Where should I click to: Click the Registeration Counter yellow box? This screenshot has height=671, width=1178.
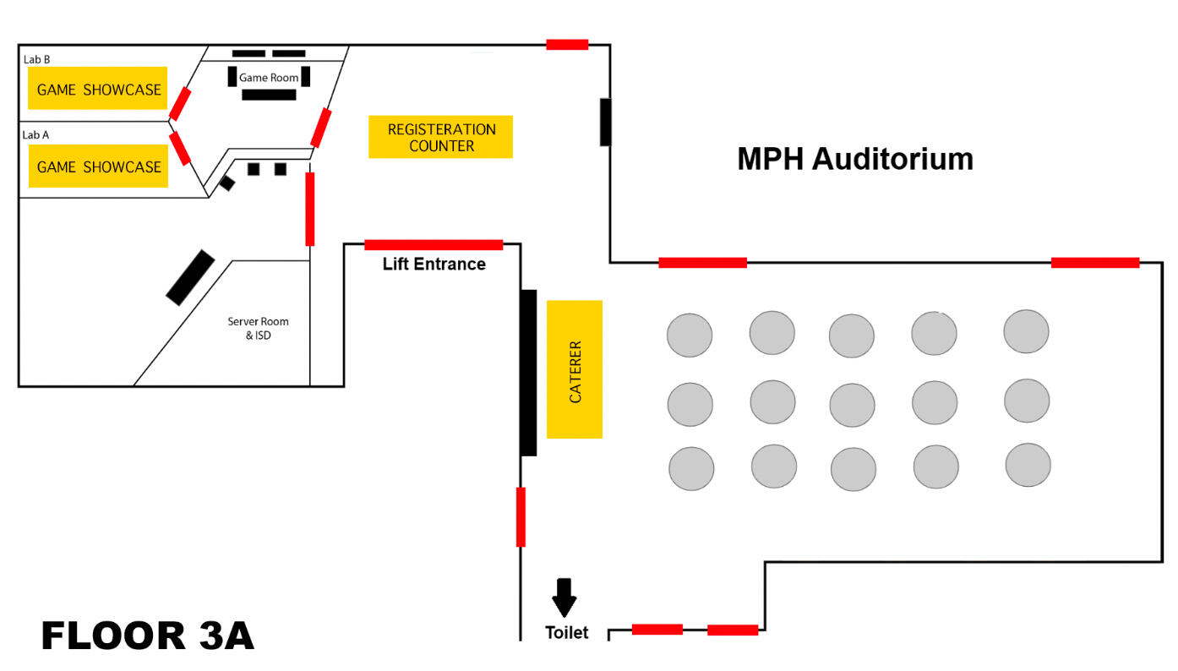click(x=440, y=137)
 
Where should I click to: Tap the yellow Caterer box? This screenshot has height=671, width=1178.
click(x=575, y=369)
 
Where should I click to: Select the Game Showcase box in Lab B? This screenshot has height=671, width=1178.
click(x=98, y=89)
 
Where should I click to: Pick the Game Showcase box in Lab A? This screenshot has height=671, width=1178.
click(x=98, y=166)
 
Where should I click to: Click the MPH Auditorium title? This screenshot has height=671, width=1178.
click(x=854, y=159)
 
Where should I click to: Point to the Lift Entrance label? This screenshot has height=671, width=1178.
click(x=434, y=265)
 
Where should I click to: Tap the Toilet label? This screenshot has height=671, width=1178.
click(x=566, y=632)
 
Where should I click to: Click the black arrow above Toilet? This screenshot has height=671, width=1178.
click(x=564, y=597)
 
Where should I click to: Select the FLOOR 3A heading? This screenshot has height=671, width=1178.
click(x=148, y=636)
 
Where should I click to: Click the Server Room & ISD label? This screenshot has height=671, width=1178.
click(x=258, y=328)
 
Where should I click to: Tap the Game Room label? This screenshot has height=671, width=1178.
click(x=269, y=78)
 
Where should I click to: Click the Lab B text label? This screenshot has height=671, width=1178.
click(x=36, y=59)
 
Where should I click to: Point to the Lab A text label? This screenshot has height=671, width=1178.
click(x=35, y=134)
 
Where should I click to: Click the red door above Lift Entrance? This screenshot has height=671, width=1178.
click(x=434, y=245)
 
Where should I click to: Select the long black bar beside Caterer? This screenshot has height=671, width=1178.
click(x=528, y=373)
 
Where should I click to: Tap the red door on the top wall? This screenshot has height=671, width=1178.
click(x=566, y=44)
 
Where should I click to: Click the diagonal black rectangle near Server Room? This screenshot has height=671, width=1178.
click(x=190, y=277)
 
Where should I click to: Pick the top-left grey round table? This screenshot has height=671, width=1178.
click(x=690, y=335)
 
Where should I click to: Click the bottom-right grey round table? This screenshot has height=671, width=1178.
click(x=1028, y=465)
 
